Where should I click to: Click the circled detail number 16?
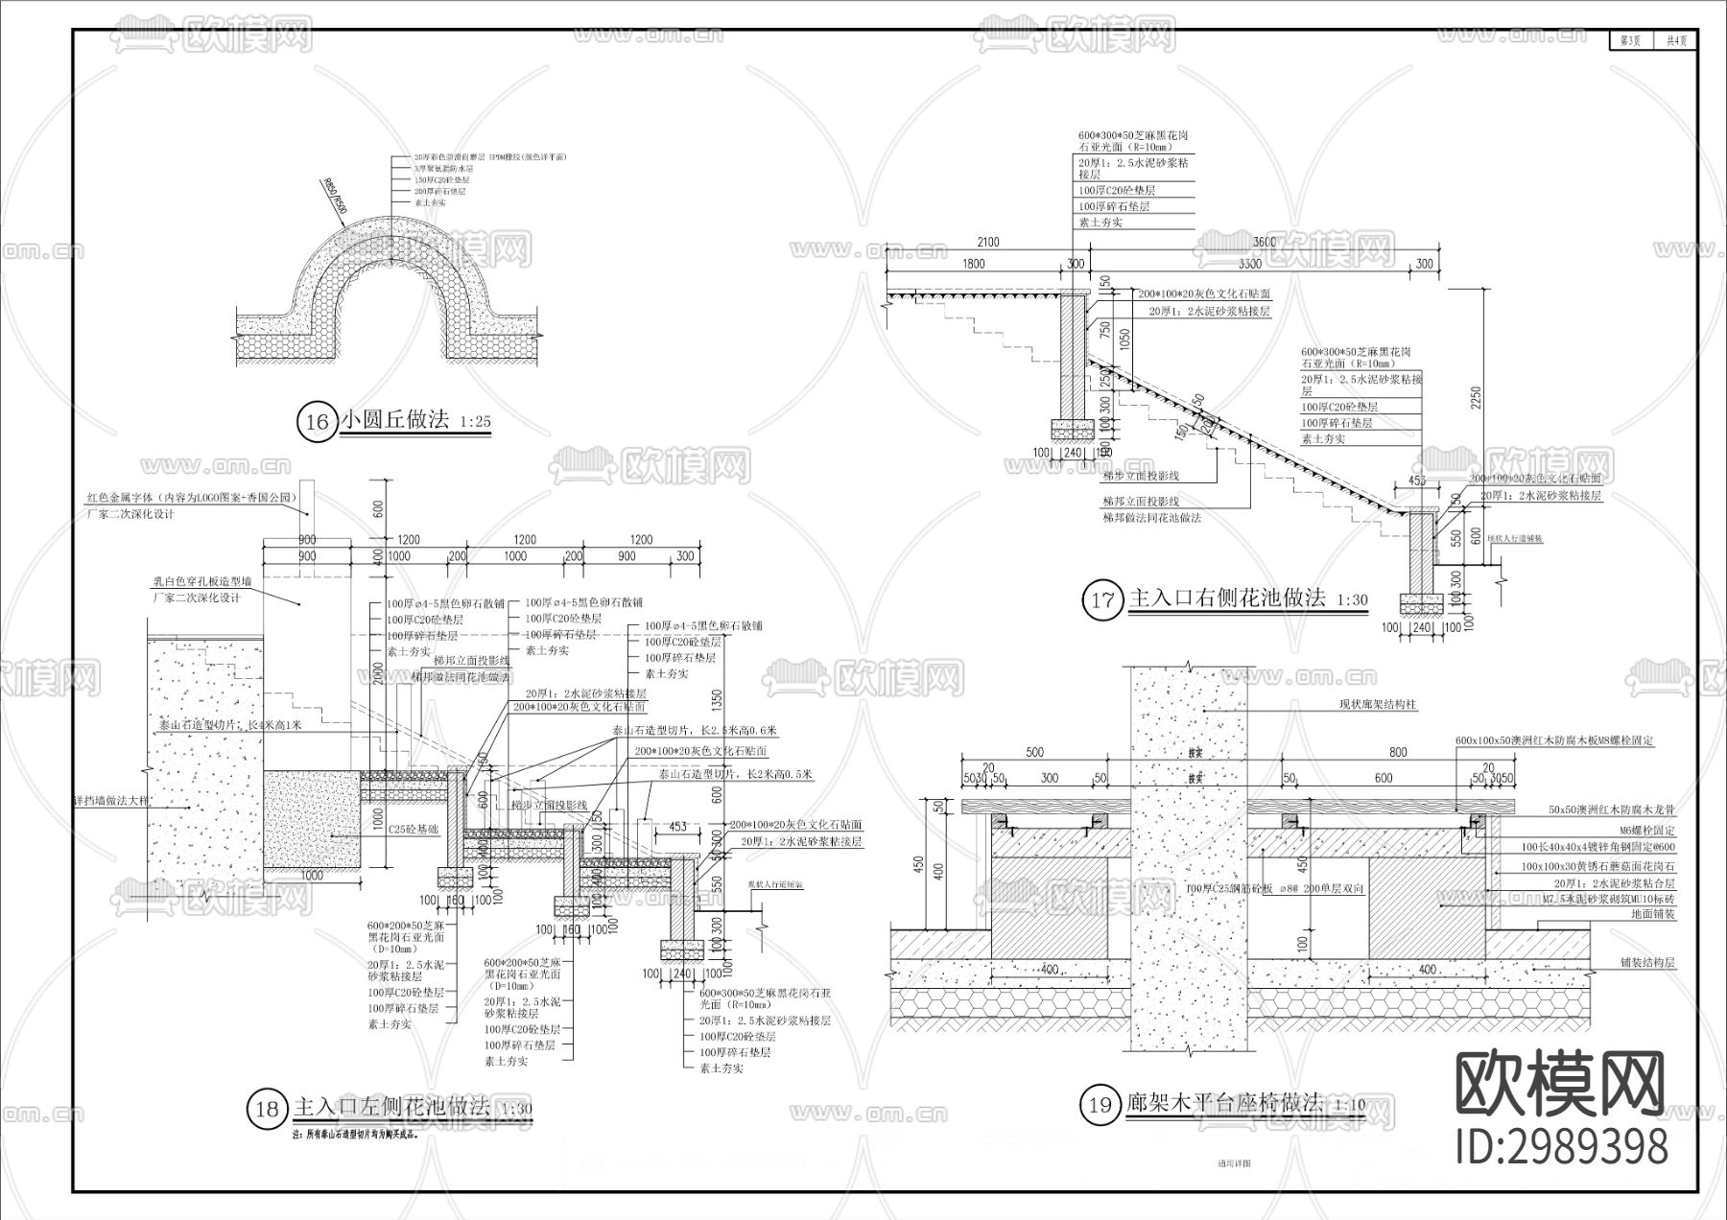pos(317,422)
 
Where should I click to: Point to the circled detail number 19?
pos(1099,1105)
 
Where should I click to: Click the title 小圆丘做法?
pos(394,419)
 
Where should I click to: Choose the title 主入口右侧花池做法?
pos(1227,598)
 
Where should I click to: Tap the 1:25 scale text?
pos(474,422)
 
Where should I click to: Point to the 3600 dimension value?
pos(1265,242)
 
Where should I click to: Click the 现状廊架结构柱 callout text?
pos(1378,705)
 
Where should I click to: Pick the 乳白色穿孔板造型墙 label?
pos(197,581)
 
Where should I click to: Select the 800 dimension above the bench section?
pos(1398,752)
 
